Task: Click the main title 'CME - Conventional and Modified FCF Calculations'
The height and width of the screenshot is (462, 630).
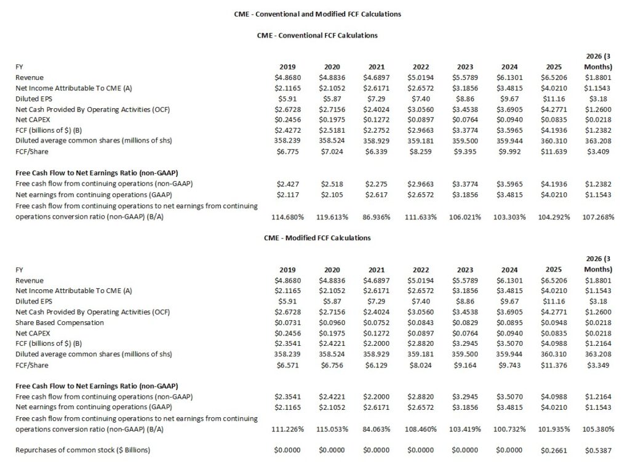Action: pos(317,13)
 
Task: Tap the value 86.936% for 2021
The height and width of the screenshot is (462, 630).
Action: pos(377,217)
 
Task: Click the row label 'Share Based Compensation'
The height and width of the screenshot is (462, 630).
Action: pos(60,322)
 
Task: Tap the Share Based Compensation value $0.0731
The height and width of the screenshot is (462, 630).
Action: pos(289,322)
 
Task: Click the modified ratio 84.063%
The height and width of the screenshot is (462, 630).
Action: pos(377,429)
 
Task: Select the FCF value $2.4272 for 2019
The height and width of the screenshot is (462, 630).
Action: pos(289,130)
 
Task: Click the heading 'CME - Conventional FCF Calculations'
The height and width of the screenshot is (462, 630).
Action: pos(317,35)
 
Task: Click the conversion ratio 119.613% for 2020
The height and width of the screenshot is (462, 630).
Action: pos(332,217)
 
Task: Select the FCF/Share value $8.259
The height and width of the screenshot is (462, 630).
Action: pos(421,151)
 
